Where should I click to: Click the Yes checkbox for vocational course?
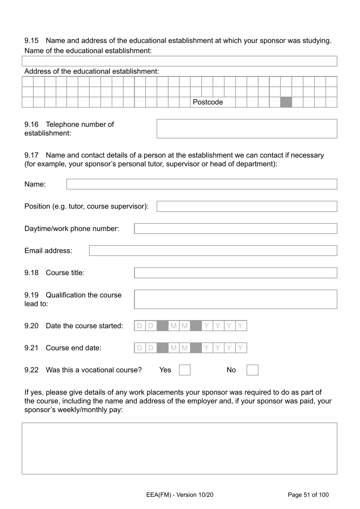[185, 370]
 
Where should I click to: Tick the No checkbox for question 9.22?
[252, 370]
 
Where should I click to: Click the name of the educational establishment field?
[179, 61]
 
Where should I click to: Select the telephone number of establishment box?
[247, 129]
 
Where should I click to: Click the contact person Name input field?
[202, 184]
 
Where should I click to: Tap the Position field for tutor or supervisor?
[247, 206]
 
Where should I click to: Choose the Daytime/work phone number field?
[235, 229]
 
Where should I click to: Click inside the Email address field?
[213, 251]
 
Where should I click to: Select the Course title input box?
[235, 273]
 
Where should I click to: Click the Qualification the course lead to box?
[235, 299]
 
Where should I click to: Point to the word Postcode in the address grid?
[208, 102]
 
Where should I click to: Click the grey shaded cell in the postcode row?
[286, 102]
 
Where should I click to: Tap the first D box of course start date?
[140, 326]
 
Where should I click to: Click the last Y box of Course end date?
[241, 348]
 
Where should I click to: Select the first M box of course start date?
[174, 326]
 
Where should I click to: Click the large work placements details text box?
[179, 448]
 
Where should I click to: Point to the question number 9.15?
[31, 41]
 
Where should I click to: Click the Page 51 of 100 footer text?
[308, 495]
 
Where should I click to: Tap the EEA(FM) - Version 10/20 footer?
[180, 495]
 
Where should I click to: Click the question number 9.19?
[31, 295]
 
